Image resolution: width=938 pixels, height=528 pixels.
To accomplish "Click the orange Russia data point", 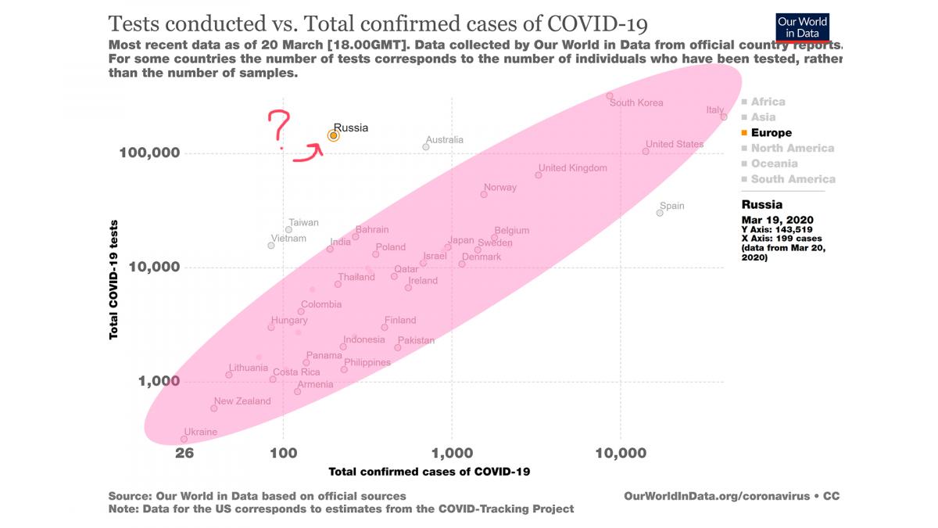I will (333, 135).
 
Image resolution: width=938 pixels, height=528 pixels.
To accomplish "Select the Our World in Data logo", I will (802, 27).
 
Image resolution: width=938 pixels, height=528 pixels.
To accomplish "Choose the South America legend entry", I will (792, 179).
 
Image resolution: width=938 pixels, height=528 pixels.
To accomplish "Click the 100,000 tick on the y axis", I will (149, 153).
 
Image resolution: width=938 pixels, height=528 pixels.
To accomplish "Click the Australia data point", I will (426, 147).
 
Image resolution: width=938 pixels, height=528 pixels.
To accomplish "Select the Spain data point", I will (660, 213).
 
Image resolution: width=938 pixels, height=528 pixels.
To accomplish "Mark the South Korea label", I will (636, 103).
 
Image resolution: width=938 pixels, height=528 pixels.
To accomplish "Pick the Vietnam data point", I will (271, 246).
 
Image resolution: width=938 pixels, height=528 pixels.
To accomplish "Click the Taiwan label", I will (303, 223).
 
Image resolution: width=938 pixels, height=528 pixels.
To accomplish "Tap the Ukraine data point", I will (184, 440).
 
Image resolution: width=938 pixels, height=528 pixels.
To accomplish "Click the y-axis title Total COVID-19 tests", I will (114, 278).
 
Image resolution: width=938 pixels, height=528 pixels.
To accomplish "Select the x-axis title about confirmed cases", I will (430, 472).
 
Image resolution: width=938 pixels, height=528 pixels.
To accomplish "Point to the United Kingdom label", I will (573, 168).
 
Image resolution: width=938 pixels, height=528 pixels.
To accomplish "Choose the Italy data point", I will (724, 117).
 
